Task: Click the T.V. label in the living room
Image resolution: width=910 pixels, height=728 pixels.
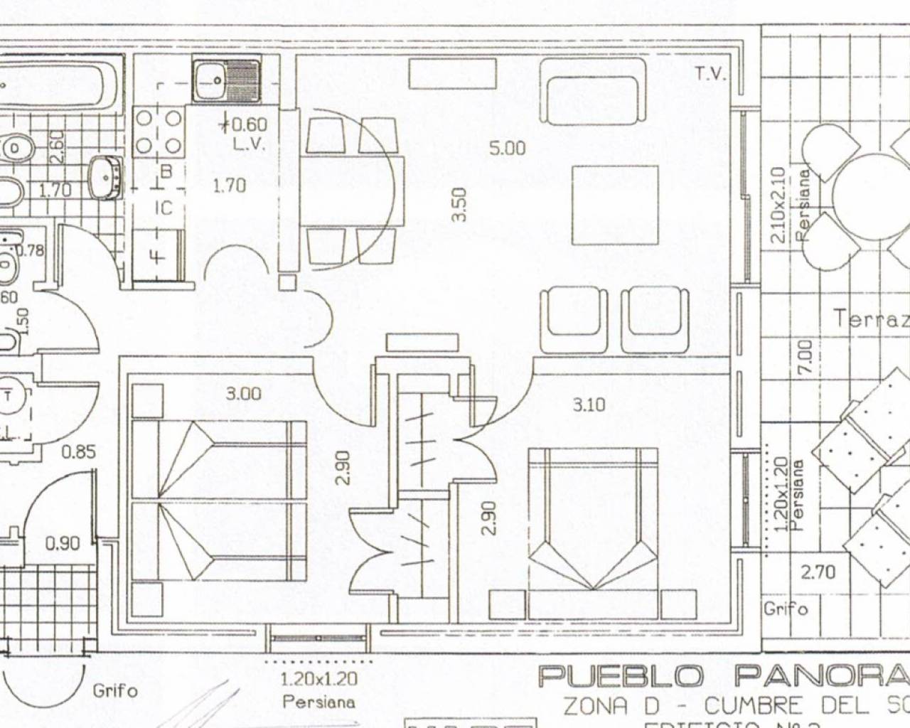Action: [x=710, y=73]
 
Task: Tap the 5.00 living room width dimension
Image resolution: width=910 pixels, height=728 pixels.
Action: [x=507, y=148]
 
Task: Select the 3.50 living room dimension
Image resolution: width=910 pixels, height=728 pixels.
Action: [x=459, y=204]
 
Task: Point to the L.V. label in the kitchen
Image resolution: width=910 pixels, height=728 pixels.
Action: [x=249, y=144]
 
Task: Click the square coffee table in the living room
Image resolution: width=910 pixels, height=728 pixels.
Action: [x=615, y=205]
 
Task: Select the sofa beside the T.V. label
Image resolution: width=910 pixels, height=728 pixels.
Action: [x=592, y=91]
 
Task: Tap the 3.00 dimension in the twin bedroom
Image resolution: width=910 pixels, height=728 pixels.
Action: [x=243, y=393]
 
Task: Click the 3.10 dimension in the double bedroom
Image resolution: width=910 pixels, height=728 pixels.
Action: [x=589, y=405]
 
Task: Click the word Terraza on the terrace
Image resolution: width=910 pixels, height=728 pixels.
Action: [x=871, y=318]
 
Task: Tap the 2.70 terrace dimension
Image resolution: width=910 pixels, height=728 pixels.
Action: [x=818, y=572]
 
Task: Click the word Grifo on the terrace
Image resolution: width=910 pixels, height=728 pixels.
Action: [x=786, y=609]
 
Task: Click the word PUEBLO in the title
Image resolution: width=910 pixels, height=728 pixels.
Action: [x=621, y=675]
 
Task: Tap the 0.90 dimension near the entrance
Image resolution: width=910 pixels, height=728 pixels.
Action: [x=63, y=544]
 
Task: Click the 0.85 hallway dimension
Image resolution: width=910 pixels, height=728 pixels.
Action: [x=78, y=451]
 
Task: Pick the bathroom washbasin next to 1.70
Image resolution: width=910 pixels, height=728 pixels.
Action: [x=105, y=175]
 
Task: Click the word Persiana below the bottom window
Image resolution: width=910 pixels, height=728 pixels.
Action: [x=318, y=702]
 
